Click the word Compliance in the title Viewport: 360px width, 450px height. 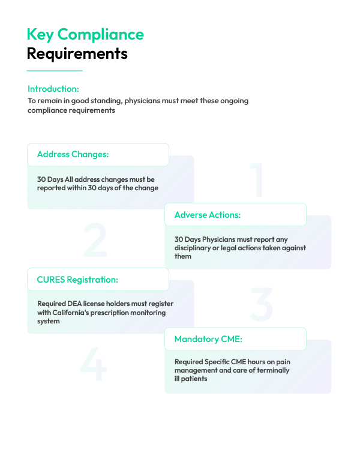[x=100, y=35]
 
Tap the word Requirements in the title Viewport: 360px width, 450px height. [x=77, y=54]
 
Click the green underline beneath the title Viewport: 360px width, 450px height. [x=55, y=71]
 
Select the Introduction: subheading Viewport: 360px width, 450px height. [x=53, y=89]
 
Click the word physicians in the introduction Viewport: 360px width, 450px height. [x=142, y=101]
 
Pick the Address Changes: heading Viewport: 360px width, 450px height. [x=73, y=154]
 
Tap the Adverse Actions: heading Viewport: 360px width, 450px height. [x=208, y=215]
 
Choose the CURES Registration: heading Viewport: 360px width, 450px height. [x=77, y=280]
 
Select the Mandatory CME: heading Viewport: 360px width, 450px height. [x=208, y=339]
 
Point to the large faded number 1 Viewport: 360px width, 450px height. [x=257, y=180]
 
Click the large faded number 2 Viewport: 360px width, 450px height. [x=95, y=239]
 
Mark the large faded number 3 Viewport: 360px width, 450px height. [x=261, y=304]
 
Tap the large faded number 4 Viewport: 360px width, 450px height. [x=94, y=364]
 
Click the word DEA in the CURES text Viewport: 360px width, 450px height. [x=74, y=304]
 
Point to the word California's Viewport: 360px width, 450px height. [x=71, y=313]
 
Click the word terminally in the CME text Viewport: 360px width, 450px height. [x=273, y=371]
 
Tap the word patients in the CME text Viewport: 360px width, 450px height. [x=194, y=379]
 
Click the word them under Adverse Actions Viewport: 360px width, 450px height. [x=183, y=256]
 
